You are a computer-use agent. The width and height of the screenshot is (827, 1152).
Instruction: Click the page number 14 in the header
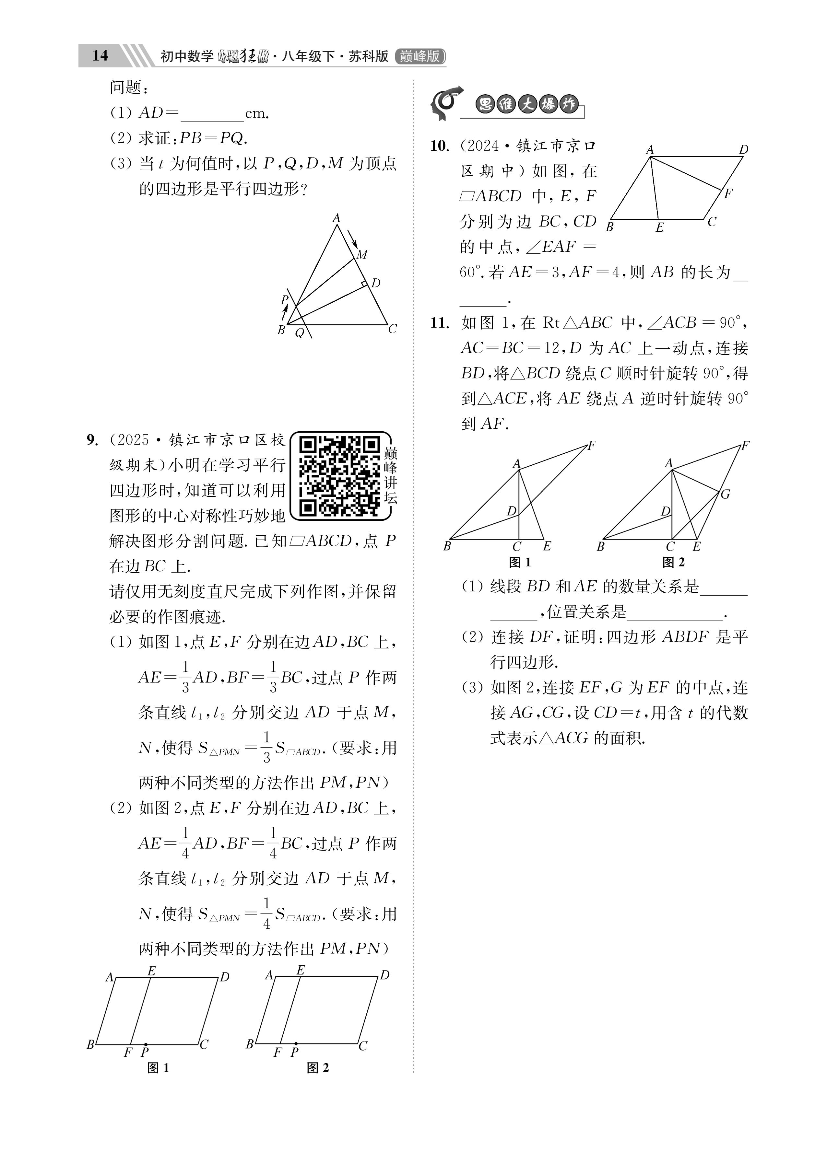click(x=100, y=55)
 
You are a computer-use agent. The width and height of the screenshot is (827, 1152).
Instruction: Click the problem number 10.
click(x=440, y=146)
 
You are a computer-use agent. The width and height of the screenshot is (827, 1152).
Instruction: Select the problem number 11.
click(x=440, y=323)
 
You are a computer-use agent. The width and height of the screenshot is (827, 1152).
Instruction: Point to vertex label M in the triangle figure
click(x=362, y=254)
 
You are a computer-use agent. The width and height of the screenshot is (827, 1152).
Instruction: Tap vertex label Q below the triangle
click(x=300, y=334)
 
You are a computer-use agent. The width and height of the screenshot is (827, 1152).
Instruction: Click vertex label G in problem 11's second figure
click(x=725, y=494)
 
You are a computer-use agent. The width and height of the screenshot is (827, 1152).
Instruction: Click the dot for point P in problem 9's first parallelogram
click(x=146, y=1044)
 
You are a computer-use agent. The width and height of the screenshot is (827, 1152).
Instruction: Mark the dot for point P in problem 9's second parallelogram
click(x=296, y=1044)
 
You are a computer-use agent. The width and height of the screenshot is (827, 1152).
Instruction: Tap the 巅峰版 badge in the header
click(x=420, y=56)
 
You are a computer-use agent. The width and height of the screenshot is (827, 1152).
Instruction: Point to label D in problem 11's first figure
click(x=511, y=511)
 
